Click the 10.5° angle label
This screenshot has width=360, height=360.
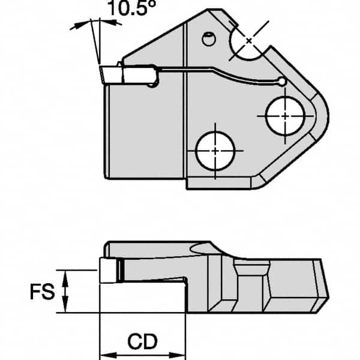coord(126,10)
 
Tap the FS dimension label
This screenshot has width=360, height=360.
coord(43,292)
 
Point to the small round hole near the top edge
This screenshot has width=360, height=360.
coord(208,40)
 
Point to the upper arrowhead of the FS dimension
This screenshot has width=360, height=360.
coord(67,274)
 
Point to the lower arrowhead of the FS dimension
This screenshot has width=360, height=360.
coord(67,308)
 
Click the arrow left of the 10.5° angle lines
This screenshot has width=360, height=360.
coord(76,26)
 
